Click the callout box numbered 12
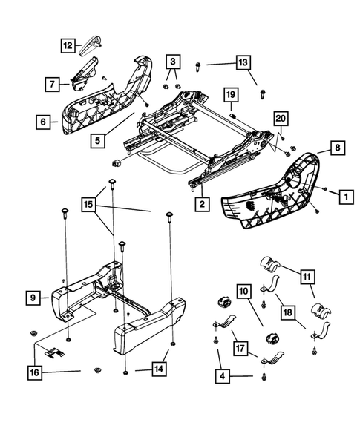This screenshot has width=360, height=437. [68, 46]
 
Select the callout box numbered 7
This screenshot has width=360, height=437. [53, 85]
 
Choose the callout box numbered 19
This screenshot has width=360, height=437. [231, 94]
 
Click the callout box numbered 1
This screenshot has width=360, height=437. [344, 197]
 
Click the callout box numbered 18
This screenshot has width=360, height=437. [287, 312]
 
